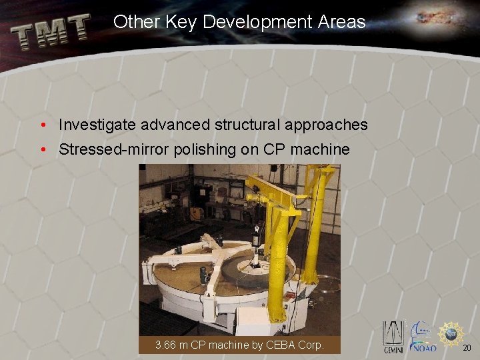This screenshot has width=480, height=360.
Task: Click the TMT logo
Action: click(51, 32)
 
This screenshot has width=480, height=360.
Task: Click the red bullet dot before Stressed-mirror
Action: click(43, 149)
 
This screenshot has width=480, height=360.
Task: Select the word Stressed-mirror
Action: click(113, 149)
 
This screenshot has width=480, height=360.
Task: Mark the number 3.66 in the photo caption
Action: click(166, 345)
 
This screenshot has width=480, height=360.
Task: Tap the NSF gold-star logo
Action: click(451, 333)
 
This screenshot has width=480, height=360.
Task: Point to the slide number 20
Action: click(467, 347)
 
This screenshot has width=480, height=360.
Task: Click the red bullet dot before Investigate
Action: click(43, 125)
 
